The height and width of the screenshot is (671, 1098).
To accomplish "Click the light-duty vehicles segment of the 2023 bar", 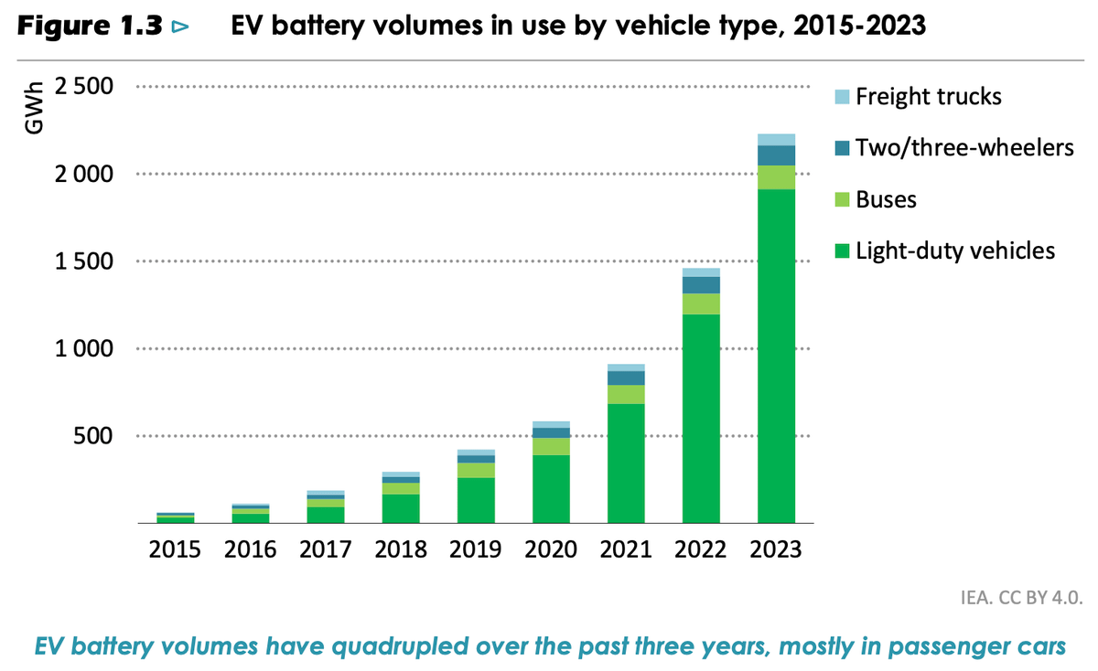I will coord(776,357).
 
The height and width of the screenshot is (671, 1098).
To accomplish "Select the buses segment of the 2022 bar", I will coord(700,304).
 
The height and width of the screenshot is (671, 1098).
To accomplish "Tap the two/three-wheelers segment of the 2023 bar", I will coord(776,155).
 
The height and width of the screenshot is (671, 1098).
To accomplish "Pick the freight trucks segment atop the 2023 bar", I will coord(776,140).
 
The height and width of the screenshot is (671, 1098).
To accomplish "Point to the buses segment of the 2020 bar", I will coord(550,446).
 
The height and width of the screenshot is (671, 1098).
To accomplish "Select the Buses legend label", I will coord(886,199).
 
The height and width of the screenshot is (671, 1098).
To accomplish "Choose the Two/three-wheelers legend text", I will coord(963,147).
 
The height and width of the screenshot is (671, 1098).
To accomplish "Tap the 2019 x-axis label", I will coord(475,549).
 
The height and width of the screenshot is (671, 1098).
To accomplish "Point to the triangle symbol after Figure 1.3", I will coord(179,28).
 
